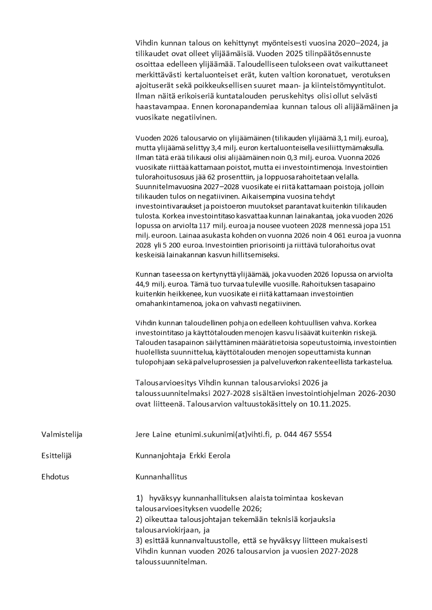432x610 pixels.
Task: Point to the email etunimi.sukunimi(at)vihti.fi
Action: (223, 434)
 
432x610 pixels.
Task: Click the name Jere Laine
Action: (153, 434)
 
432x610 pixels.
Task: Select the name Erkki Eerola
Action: (209, 456)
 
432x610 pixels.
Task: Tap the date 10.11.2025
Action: (333, 404)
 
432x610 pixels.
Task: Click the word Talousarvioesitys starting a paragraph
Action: (167, 383)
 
